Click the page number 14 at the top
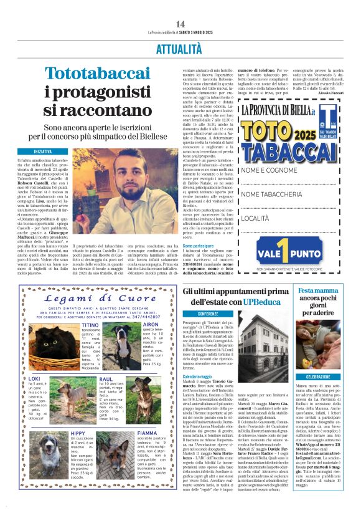tap(180, 24)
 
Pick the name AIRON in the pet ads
tap(151, 325)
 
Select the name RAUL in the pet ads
tap(106, 378)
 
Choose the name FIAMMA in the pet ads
tap(148, 433)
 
